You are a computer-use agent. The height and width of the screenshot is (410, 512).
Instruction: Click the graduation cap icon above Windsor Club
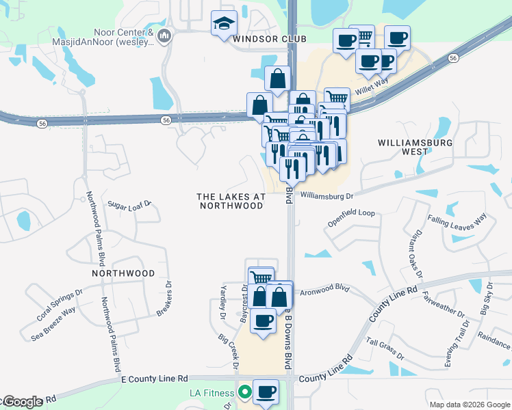coord(224,25)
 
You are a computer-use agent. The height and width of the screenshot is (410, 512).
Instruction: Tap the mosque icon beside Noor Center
coord(164,35)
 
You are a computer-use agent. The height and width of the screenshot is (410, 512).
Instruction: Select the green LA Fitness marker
coord(242,392)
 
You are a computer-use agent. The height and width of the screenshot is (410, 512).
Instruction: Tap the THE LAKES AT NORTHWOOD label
coord(230,201)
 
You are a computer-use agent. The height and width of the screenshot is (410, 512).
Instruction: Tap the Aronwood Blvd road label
coord(325,290)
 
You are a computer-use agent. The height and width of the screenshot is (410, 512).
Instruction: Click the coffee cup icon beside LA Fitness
coord(266,392)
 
